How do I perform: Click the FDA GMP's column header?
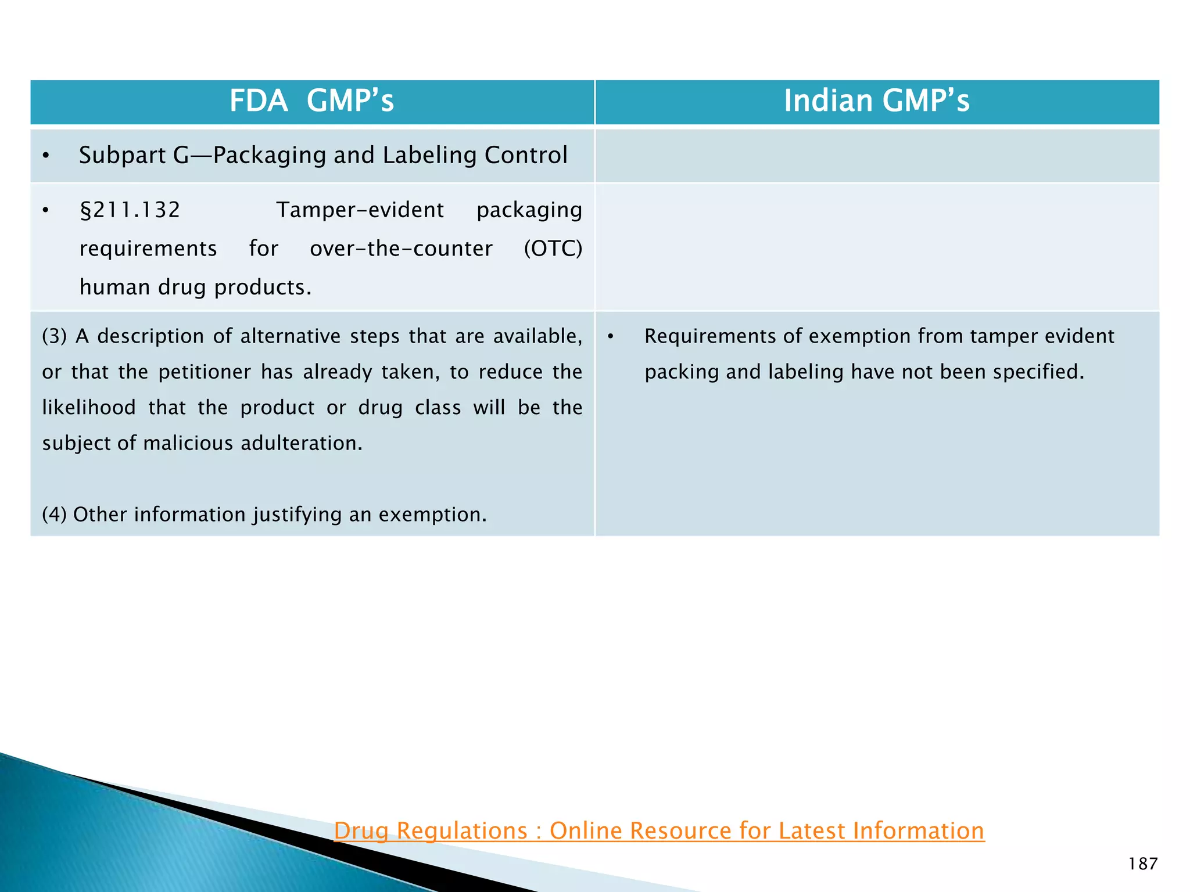click(311, 101)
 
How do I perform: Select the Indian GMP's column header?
click(876, 101)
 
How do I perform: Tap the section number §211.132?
click(130, 210)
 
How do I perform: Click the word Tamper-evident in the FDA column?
click(360, 210)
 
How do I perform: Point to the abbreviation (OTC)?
click(553, 249)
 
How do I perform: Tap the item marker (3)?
click(55, 336)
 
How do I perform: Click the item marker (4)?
click(55, 515)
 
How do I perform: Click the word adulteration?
click(302, 444)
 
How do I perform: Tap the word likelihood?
click(89, 408)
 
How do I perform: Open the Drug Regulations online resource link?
click(659, 831)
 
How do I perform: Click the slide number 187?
click(1143, 864)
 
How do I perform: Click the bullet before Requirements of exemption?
click(611, 337)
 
